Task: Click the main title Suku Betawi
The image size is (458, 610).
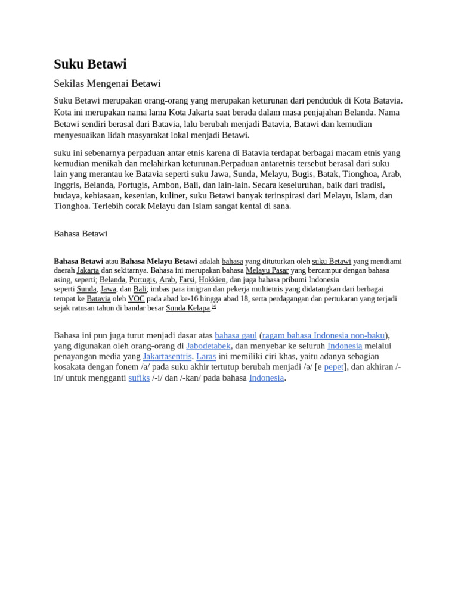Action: coord(90,64)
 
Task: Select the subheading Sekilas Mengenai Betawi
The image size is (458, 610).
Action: coord(107,83)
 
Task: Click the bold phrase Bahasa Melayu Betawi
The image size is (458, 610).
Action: coord(159,261)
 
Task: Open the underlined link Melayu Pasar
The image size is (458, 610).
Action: coord(267,270)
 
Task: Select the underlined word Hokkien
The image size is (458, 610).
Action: coord(212,279)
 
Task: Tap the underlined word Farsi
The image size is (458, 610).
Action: coord(187,279)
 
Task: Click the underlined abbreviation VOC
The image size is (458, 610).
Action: coord(136,298)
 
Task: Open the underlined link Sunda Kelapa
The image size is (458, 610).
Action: coord(188,308)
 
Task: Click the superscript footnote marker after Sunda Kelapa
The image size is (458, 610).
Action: coord(214,306)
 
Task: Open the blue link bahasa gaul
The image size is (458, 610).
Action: coord(236,335)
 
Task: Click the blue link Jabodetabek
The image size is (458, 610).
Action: coord(208,346)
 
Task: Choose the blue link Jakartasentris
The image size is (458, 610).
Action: coord(167,356)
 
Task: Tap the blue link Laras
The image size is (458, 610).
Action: coord(206,356)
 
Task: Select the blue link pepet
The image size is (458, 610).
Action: coord(334,367)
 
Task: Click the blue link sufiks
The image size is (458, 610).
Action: coord(139,378)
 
